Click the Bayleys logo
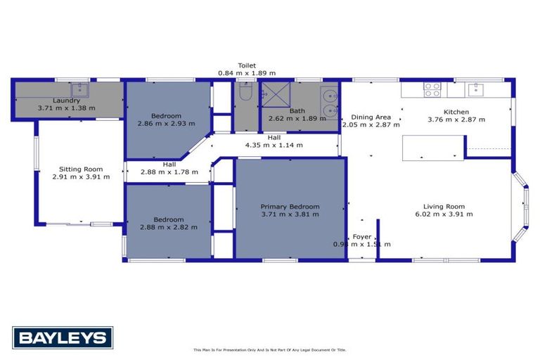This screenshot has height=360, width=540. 63,337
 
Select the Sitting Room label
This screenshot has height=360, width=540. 81,169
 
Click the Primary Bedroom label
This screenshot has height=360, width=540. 290,207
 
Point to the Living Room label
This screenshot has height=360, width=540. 444,206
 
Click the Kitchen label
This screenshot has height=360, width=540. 456,112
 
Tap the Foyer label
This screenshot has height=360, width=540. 361,236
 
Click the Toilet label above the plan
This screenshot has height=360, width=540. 246,65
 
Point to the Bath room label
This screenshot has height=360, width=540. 297,110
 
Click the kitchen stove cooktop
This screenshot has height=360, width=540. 432,89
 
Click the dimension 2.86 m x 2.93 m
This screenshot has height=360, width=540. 167,123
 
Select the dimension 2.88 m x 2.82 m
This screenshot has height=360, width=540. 168,226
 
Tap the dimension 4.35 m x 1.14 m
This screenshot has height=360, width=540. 274,145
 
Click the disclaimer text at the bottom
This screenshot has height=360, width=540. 270,349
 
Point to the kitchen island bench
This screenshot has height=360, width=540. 432,147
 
